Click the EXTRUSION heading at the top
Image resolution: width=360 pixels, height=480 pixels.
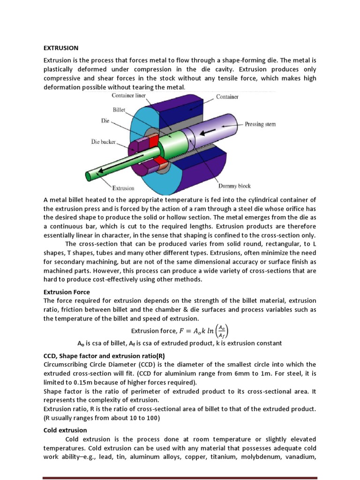click(x=61, y=48)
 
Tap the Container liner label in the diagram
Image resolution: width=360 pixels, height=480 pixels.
click(x=129, y=96)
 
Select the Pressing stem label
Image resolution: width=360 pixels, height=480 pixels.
click(x=260, y=125)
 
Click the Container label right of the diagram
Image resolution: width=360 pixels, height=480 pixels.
click(x=227, y=97)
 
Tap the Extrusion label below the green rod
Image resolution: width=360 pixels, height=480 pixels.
click(x=123, y=188)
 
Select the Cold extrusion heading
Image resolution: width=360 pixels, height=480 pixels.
click(x=65, y=430)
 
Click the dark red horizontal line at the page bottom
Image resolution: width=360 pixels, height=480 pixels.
click(x=180, y=478)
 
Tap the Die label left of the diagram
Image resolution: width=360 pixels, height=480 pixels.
click(x=105, y=120)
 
